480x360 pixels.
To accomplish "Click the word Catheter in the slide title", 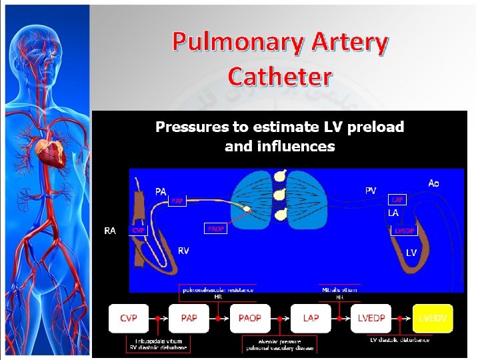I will point(279,77).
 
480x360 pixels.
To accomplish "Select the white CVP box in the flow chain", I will point(129,319).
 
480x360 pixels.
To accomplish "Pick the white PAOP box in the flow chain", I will point(250,319).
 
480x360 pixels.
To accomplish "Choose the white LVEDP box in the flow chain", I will point(371,319).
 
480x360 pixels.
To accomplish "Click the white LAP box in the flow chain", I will point(311,319).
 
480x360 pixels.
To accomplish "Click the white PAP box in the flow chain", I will point(189,319).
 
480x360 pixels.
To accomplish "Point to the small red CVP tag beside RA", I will point(139,230).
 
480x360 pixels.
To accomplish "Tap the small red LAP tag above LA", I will point(397,199).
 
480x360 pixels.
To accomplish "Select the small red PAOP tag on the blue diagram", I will point(216,229).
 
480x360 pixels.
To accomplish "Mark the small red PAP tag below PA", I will point(177,201).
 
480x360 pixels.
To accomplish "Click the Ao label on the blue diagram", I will point(433,183).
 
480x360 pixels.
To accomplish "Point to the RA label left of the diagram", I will point(111,231).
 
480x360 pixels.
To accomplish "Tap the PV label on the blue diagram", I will point(370,191).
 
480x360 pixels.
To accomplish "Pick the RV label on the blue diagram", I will point(183,251).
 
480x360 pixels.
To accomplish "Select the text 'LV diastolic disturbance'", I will point(400,340).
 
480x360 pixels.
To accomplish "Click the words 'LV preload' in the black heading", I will point(373,127).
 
